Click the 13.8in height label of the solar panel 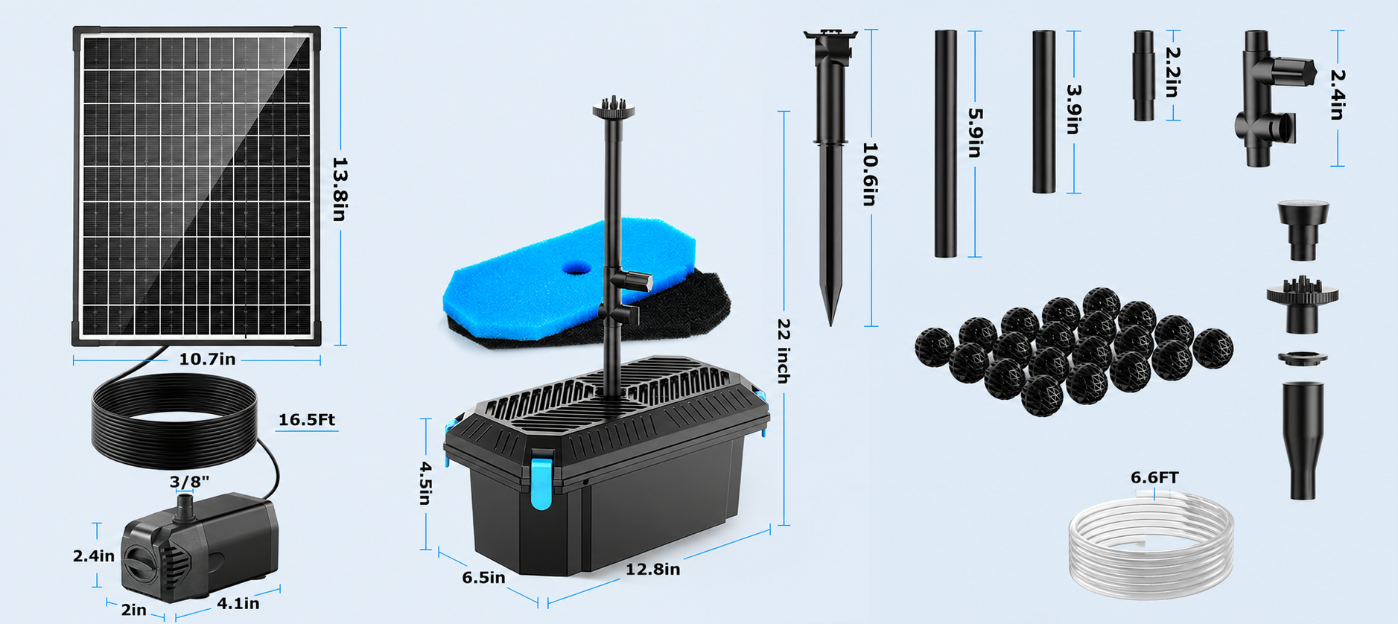[339, 189]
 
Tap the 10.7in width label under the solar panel [207, 360]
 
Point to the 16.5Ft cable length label [307, 420]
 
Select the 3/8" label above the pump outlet [189, 482]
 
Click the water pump [200, 547]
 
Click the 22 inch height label [784, 351]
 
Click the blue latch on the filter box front [541, 484]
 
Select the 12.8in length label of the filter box [652, 570]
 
